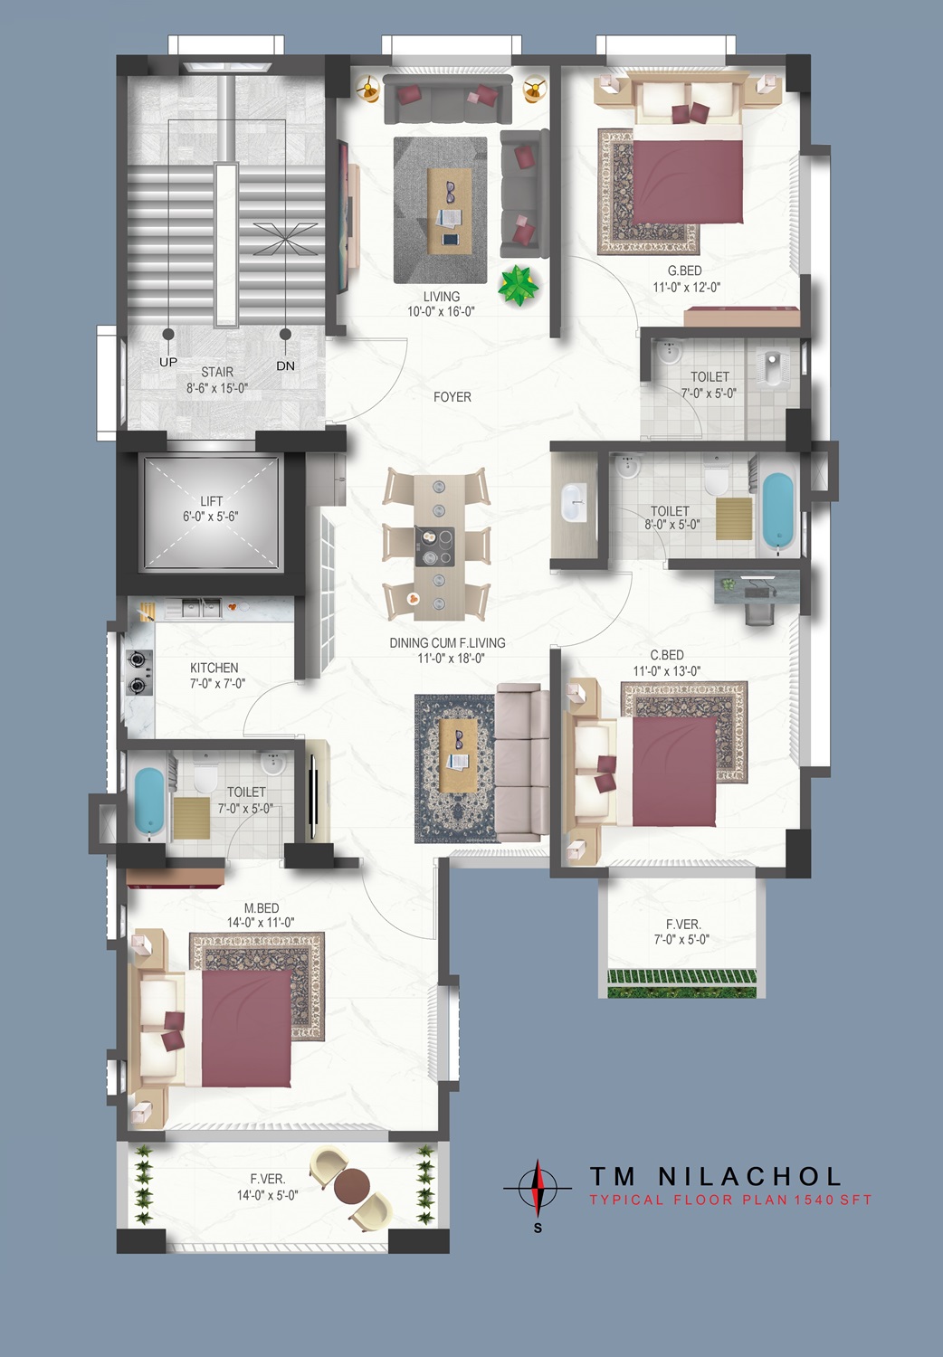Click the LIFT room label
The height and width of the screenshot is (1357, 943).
[x=211, y=501]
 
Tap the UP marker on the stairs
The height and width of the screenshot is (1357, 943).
[x=167, y=362]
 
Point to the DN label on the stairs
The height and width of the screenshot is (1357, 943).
[x=285, y=365]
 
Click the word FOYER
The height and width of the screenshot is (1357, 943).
[x=452, y=397]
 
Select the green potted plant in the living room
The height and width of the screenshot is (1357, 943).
[x=518, y=285]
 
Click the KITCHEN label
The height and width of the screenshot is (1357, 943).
[x=214, y=668]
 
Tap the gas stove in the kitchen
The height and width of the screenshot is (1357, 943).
[x=138, y=671]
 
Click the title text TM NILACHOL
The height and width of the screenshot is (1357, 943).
[x=715, y=1176]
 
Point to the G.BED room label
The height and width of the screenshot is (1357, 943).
[x=685, y=270]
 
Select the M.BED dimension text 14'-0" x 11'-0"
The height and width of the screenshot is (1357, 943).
[x=261, y=922]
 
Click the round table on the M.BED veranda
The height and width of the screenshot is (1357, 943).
[x=351, y=1186]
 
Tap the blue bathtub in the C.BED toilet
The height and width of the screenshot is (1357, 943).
[x=777, y=511]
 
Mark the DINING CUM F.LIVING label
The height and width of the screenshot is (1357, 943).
[x=447, y=642]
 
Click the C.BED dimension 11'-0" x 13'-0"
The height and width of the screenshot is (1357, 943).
[x=667, y=670]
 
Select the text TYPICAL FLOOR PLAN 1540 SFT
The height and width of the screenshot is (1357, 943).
[x=731, y=1200]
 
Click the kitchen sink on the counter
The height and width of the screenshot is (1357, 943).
[x=193, y=608]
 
